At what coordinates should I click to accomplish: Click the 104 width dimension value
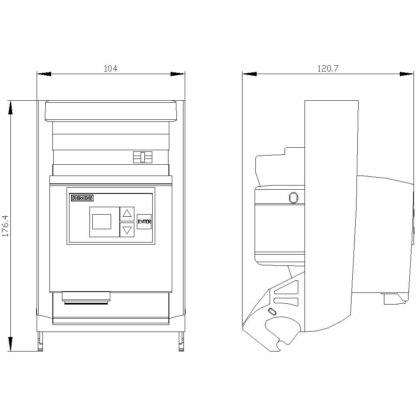[x=110, y=69]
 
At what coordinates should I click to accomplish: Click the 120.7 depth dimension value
[x=327, y=69]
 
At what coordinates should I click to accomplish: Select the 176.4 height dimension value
[x=5, y=225]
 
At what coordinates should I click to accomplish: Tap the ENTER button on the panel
[x=144, y=222]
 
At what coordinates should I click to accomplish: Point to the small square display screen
[x=102, y=222]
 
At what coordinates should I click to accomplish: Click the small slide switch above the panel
[x=142, y=157]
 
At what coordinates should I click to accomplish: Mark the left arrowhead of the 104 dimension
[x=44, y=74]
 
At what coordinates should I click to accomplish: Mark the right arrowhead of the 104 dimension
[x=177, y=74]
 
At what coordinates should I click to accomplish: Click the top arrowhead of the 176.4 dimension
[x=11, y=107]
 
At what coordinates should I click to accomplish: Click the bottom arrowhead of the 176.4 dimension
[x=11, y=344]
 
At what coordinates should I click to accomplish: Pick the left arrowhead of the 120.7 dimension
[x=250, y=74]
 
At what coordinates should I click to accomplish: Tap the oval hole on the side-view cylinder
[x=293, y=197]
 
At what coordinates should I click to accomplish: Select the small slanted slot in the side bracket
[x=272, y=312]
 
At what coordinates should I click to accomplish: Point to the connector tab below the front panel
[x=86, y=297]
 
